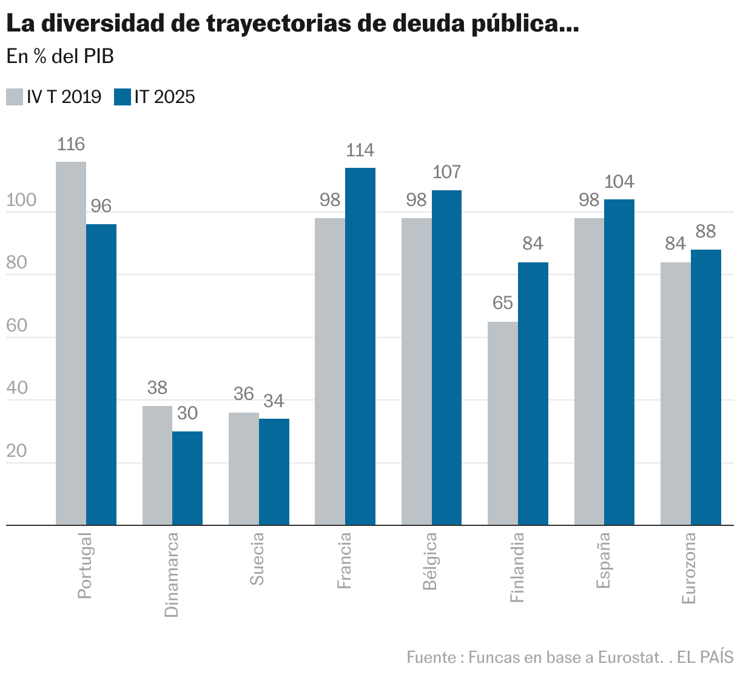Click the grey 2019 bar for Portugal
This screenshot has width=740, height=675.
pos(71,343)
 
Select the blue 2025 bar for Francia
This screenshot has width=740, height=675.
pos(360,346)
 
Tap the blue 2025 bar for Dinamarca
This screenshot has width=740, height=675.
pos(187,478)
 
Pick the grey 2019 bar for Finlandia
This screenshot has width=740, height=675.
pos(503,423)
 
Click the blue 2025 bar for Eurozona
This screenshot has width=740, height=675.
pos(706,387)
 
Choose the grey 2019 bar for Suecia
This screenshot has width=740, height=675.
pos(244,468)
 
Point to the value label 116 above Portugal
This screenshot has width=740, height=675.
pos(71,144)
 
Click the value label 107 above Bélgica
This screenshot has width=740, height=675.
pos(447,172)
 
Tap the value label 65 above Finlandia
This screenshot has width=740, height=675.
pos(503,303)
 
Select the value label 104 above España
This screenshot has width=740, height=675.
pos(619,182)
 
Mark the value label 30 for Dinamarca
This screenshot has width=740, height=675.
pos(187,413)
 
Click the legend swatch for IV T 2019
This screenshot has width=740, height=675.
pos(15,97)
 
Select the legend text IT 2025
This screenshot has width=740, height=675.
pos(164,97)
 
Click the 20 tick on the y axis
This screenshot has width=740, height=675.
pos(17,451)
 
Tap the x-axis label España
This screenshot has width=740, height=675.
pos(604,560)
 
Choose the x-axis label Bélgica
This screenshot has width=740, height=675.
pos(430,561)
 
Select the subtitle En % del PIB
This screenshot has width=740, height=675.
pos(60,56)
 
